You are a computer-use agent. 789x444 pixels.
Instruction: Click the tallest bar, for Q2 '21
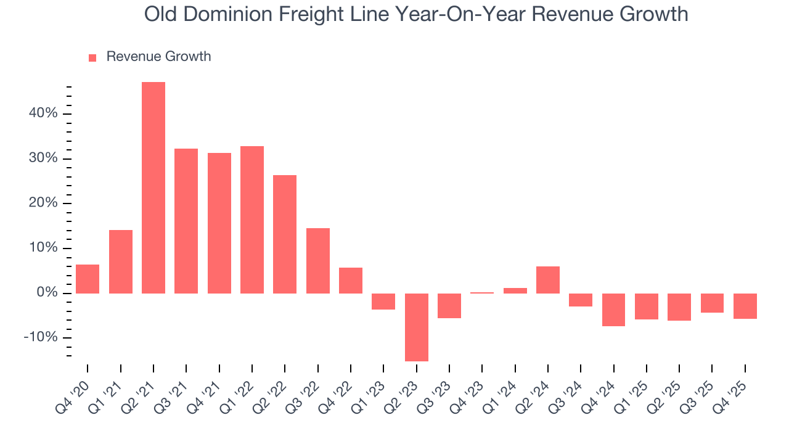point(153,187)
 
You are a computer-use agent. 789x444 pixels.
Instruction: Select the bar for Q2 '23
point(417,327)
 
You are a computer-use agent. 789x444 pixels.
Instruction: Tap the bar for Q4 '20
point(88,279)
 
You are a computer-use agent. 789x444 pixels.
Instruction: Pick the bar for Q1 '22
point(252,220)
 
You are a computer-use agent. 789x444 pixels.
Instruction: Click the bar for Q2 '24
point(548,280)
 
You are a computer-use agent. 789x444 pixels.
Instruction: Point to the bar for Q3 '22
point(318,261)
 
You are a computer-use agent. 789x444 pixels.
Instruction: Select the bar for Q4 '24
point(614,310)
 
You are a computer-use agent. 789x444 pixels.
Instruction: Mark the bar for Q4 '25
point(745,306)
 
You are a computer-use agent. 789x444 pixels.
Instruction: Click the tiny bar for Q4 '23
point(482,293)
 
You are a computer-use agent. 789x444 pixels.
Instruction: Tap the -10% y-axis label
point(41,337)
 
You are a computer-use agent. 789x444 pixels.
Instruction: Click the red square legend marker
point(92,57)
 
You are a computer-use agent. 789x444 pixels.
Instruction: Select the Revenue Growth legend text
point(158,57)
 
